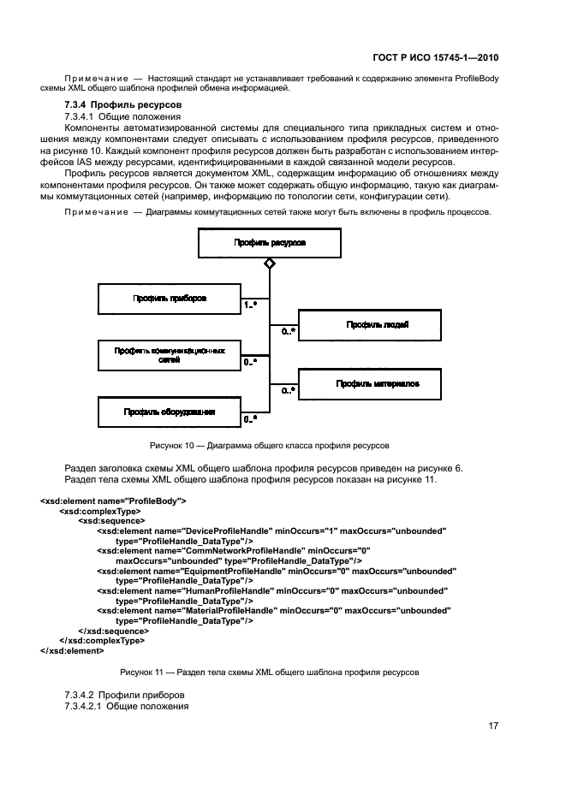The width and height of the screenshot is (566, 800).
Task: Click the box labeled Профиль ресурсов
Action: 269,243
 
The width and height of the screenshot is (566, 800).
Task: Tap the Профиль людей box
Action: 370,325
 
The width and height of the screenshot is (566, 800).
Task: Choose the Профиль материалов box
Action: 370,384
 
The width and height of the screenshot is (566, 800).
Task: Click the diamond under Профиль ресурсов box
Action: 269,264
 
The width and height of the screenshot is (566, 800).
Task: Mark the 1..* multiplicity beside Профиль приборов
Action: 252,305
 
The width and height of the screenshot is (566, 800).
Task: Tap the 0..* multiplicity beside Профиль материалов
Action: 288,390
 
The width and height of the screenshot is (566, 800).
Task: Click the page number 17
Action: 493,726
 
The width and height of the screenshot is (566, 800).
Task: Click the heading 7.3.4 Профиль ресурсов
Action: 115,104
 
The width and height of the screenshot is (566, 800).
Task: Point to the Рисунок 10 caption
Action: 269,445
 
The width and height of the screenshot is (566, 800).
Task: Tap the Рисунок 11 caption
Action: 269,673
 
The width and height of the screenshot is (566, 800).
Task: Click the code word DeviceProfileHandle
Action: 221,531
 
